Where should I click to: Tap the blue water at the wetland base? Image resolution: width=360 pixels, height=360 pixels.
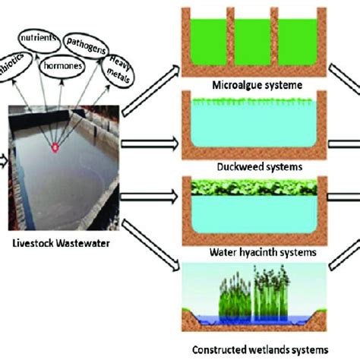point(251,320)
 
